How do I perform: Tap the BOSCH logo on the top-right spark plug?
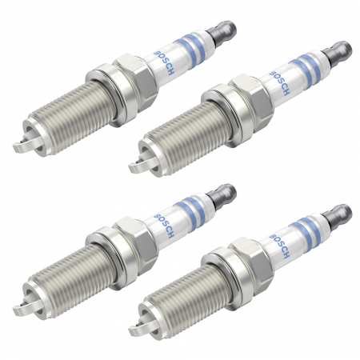(282, 79)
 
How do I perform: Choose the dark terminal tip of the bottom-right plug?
(342, 214)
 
